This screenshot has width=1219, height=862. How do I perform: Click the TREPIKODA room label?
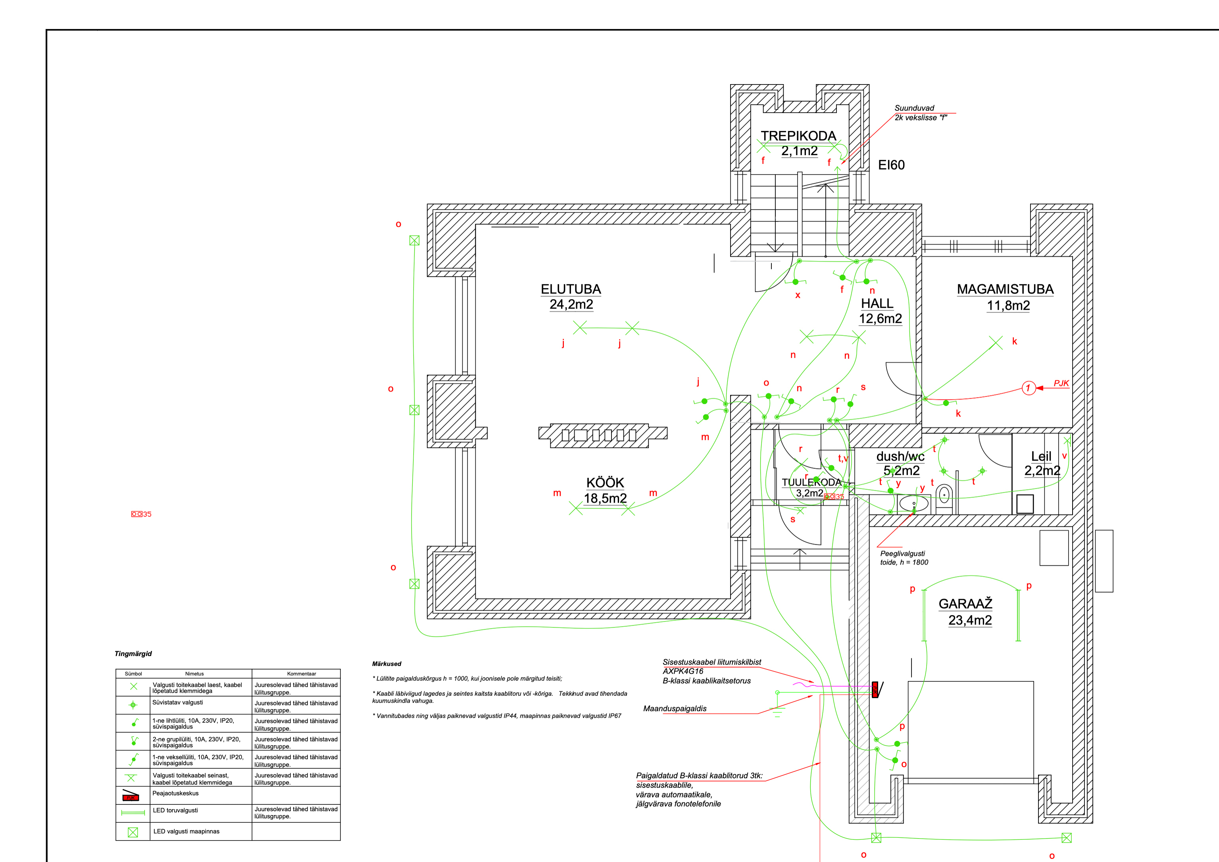point(798,136)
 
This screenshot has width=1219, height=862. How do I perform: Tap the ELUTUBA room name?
point(571,289)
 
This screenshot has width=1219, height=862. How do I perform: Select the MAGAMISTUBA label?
point(1005,289)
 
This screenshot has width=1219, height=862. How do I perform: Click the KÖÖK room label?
point(605,482)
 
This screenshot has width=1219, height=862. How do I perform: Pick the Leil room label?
point(1041,457)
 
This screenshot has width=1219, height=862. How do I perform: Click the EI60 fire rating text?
point(891,165)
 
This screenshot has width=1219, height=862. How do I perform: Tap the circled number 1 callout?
point(1029,388)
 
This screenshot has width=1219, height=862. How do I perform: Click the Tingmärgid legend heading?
point(133,654)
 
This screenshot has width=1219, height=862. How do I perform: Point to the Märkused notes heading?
point(386,664)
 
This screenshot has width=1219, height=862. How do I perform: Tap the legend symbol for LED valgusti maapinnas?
point(133,832)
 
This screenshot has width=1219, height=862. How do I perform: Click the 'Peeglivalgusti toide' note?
point(904,558)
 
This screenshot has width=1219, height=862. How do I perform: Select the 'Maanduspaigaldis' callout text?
point(675,708)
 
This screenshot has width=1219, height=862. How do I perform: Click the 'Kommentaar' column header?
point(302,674)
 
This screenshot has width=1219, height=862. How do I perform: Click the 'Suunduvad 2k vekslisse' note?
point(921,113)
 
